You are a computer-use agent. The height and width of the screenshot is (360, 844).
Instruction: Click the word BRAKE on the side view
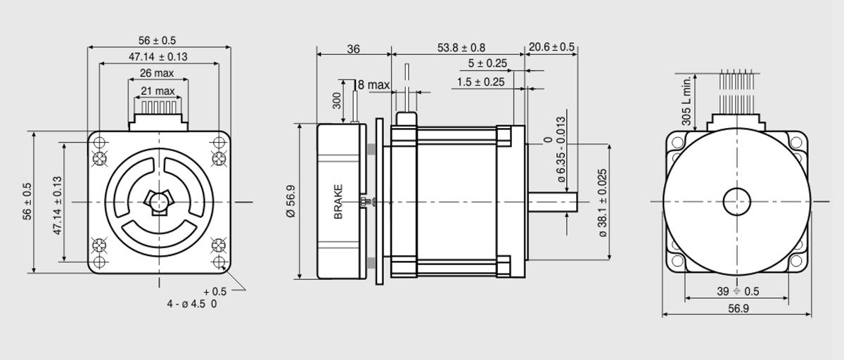(x=338, y=202)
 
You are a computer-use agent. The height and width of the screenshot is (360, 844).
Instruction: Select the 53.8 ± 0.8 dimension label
(x=461, y=48)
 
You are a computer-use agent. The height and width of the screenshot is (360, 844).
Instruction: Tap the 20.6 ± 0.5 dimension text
(x=551, y=47)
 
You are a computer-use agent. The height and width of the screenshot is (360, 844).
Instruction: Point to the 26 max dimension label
(x=157, y=73)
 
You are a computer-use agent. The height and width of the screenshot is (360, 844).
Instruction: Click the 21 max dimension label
(x=158, y=91)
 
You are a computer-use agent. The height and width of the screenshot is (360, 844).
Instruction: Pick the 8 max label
(x=373, y=85)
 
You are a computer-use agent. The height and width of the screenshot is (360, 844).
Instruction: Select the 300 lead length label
(x=337, y=101)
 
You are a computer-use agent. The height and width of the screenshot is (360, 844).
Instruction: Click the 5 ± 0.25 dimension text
(x=487, y=63)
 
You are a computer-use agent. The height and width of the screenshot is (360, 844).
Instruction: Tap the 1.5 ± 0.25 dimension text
(x=480, y=82)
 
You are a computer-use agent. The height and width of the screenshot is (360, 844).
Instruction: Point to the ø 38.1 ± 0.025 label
(x=603, y=203)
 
